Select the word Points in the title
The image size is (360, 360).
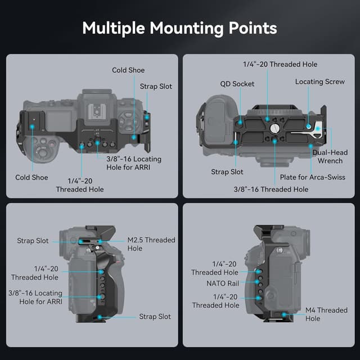coord(256,28)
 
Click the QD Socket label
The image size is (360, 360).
coord(237,84)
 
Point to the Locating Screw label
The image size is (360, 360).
coord(320,82)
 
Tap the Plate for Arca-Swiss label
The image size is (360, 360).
coord(313,177)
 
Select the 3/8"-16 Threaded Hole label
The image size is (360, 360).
coord(271,189)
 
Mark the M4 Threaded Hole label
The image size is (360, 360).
coord(326,314)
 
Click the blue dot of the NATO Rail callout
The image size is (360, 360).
coord(258,283)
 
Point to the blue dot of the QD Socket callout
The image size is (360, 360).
coord(240,120)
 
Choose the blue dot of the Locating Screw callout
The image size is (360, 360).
coord(308,112)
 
